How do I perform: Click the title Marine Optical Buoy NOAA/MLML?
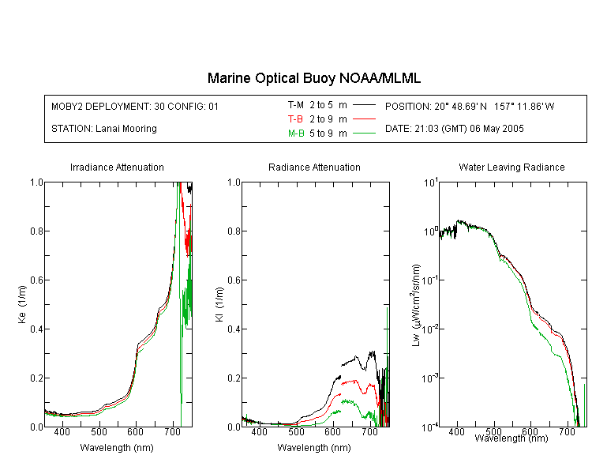313,78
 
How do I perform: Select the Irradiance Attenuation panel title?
117,167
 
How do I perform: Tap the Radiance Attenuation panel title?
314,167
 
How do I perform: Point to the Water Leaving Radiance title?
511,167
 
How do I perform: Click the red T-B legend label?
296,119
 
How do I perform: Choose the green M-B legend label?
296,133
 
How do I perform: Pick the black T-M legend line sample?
364,105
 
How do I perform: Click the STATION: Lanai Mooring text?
104,129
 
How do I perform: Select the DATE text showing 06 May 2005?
454,129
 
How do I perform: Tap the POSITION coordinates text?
470,106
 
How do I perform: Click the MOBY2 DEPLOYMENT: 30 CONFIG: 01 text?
135,106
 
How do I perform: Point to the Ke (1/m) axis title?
22,304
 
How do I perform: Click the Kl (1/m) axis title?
219,304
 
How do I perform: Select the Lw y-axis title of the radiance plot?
416,305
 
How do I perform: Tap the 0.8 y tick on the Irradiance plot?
36,231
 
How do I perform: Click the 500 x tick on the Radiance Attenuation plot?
296,431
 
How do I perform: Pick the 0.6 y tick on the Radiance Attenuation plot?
234,280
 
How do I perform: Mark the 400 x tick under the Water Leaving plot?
456,431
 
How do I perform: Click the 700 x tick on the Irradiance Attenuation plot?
173,431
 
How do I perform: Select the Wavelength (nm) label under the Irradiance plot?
117,448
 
